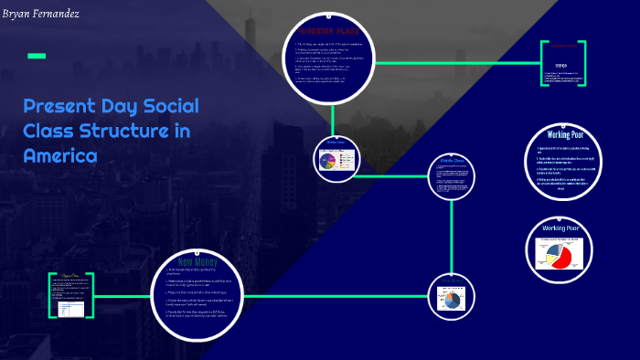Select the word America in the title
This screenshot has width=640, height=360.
(59, 155)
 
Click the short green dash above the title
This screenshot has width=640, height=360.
(37, 56)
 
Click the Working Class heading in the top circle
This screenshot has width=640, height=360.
(332, 34)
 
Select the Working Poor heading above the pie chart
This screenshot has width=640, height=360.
(560, 228)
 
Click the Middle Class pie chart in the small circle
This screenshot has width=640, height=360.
(328, 161)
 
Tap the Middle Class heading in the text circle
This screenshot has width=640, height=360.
(453, 163)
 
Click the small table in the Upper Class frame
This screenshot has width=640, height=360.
(71, 309)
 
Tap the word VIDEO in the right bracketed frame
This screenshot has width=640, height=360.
(559, 67)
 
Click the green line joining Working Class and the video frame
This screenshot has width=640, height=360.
(457, 63)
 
